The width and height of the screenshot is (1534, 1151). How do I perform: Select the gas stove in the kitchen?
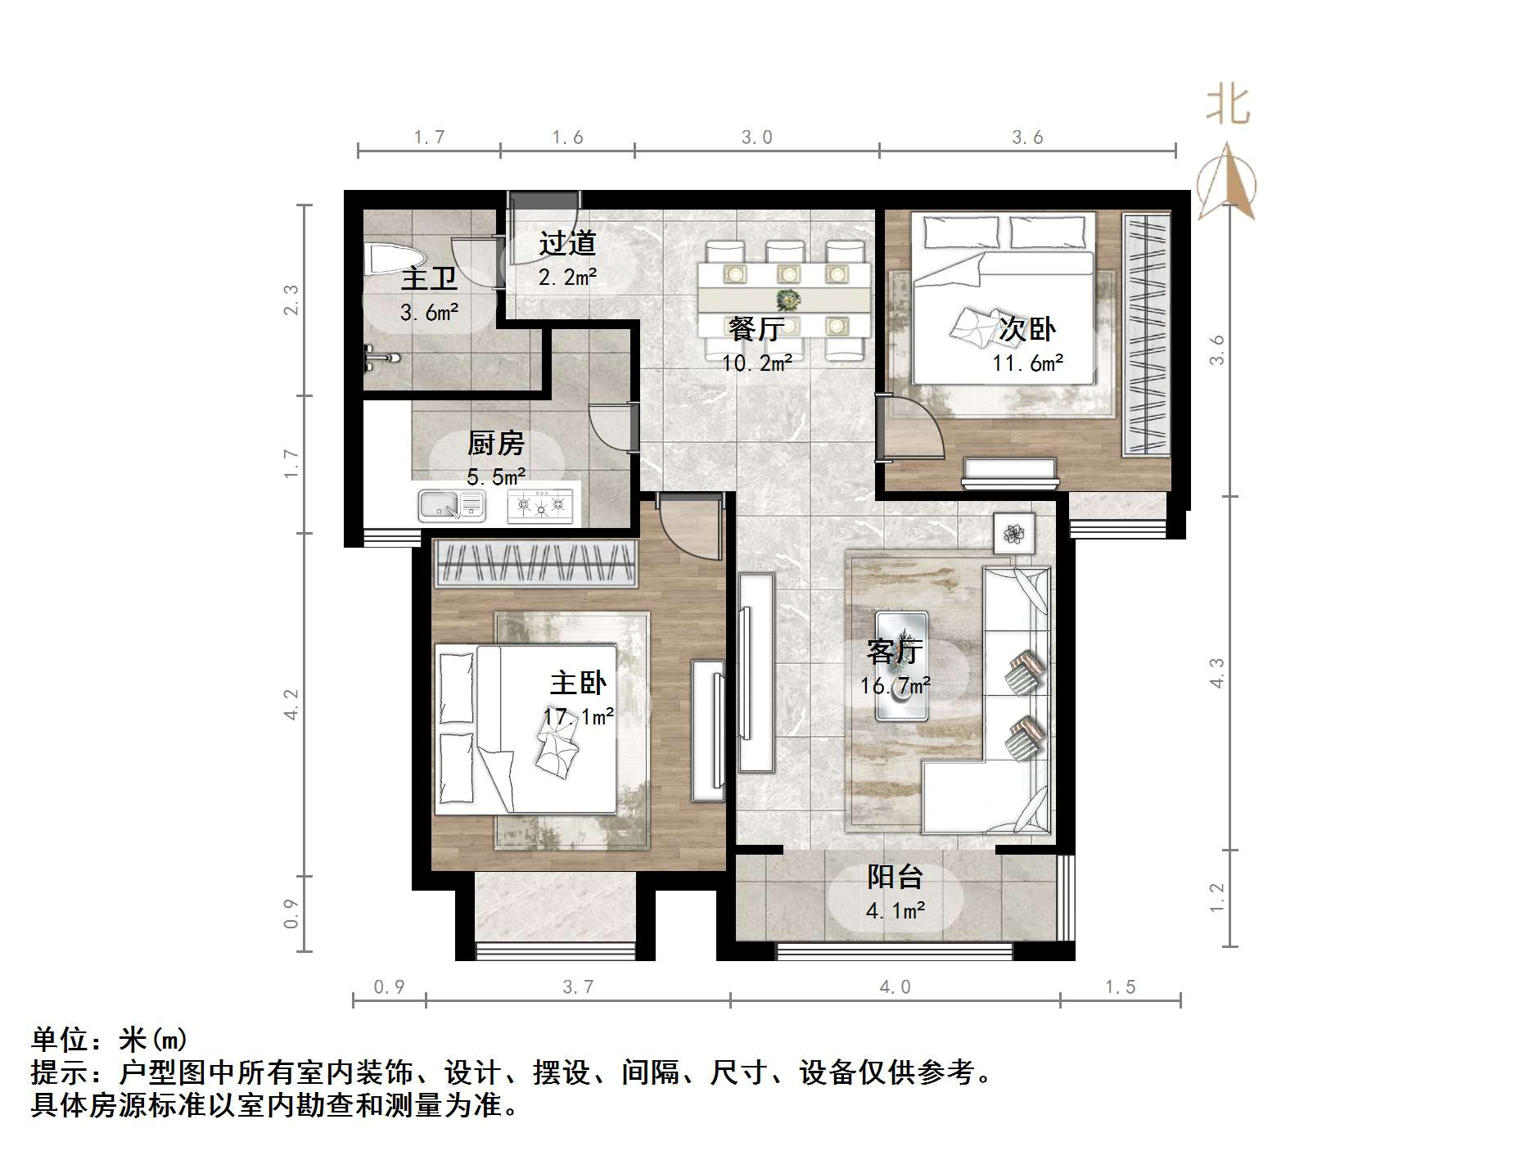tap(540, 506)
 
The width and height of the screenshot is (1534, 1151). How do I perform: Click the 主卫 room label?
tap(429, 278)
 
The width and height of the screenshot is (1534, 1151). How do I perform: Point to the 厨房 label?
tap(495, 443)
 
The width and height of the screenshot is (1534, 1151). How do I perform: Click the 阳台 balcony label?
tap(895, 877)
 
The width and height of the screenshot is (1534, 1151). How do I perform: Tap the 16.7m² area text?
tap(895, 686)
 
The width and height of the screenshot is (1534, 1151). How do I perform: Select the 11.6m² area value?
tap(1027, 363)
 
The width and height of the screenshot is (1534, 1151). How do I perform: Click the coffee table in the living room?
tap(902, 666)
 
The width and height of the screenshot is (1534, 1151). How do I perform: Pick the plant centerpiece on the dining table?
tap(788, 299)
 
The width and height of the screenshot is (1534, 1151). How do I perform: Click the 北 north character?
tap(1228, 106)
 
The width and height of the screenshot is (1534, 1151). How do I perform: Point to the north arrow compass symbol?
tap(1227, 184)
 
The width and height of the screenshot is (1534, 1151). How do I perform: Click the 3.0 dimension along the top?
tap(756, 138)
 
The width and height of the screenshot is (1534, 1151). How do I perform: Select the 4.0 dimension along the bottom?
tap(895, 987)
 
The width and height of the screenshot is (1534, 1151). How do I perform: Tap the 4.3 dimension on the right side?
tap(1216, 673)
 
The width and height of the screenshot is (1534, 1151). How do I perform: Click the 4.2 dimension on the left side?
tap(291, 704)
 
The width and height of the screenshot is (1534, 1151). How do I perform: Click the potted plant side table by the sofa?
tap(1015, 534)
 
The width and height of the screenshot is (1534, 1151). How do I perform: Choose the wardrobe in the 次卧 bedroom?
tap(1145, 334)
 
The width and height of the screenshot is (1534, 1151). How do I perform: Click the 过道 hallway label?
tap(567, 243)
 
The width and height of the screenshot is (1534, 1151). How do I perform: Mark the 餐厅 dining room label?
tap(756, 328)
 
